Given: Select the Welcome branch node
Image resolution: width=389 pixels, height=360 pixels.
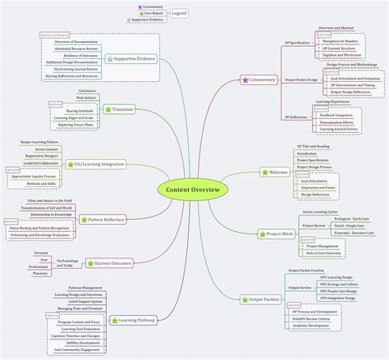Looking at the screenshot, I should [272, 171].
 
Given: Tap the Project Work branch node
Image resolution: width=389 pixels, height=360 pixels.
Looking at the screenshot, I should [274, 234].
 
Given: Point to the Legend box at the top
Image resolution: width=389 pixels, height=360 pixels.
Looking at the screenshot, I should [179, 14].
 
